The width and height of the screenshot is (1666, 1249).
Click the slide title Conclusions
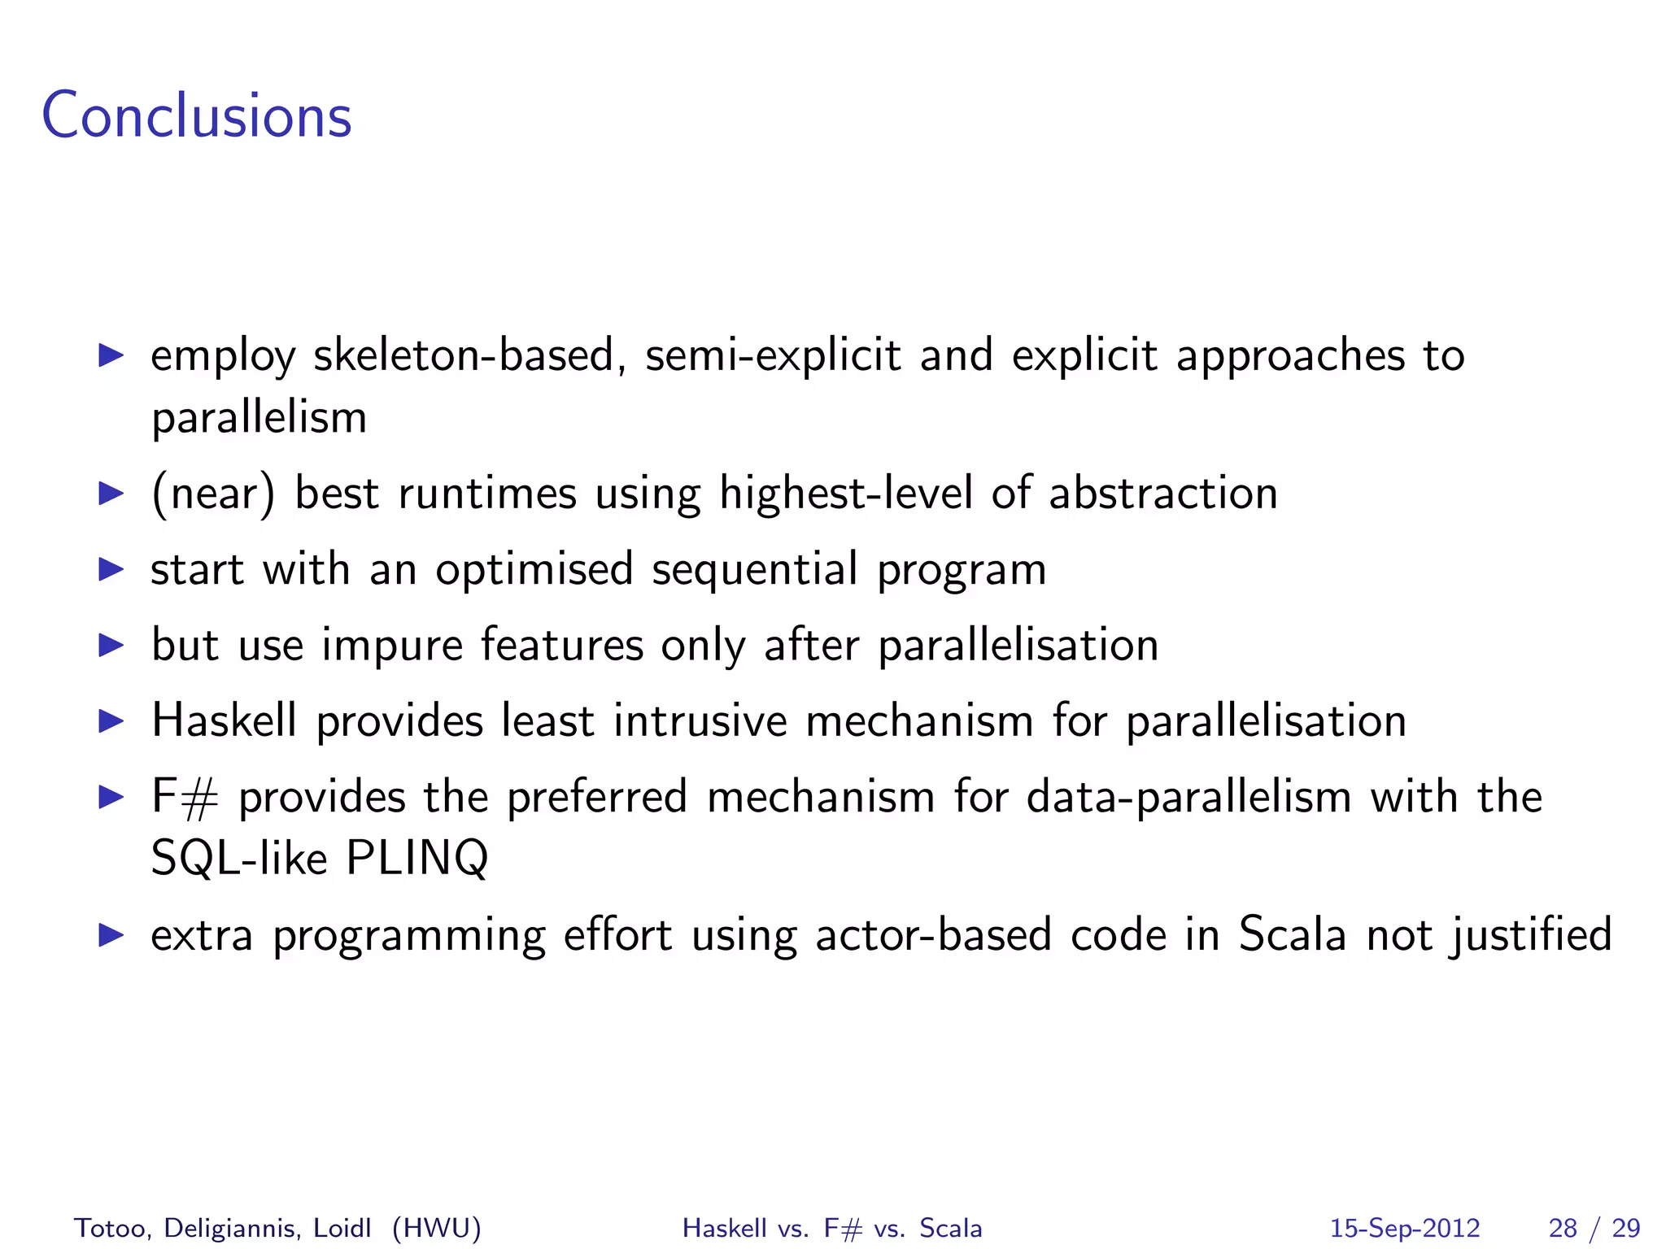click(x=196, y=116)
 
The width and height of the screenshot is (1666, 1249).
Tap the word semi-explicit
click(x=773, y=356)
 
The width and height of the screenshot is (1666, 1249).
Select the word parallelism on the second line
click(x=259, y=419)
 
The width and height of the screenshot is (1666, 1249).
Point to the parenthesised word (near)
click(x=213, y=494)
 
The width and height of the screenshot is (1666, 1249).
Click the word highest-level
click(x=845, y=494)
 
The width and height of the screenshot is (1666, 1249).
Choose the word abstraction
click(x=1162, y=494)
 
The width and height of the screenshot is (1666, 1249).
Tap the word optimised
click(x=534, y=569)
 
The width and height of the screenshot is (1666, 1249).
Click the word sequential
click(x=754, y=569)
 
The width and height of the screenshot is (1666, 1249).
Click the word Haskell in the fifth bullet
click(x=225, y=720)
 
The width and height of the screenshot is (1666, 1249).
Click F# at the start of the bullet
click(x=185, y=797)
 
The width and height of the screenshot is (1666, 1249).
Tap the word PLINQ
click(x=416, y=858)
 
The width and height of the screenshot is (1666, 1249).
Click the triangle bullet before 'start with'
click(x=111, y=569)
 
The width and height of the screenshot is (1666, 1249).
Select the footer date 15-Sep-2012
click(x=1404, y=1228)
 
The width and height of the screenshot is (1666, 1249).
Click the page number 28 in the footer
click(x=1563, y=1228)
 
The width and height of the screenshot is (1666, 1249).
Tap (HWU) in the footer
click(x=436, y=1228)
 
